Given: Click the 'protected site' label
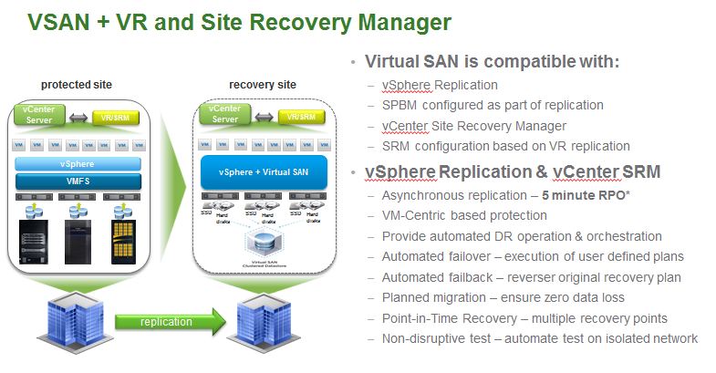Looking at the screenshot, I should (x=77, y=85).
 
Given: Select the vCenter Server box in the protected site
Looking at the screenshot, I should (x=40, y=117).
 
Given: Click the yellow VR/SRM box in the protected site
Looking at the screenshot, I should (x=116, y=118).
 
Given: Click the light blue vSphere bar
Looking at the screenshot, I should (x=77, y=164).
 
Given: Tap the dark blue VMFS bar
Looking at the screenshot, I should (x=77, y=181).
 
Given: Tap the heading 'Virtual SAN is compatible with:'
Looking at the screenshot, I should (x=492, y=63).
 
